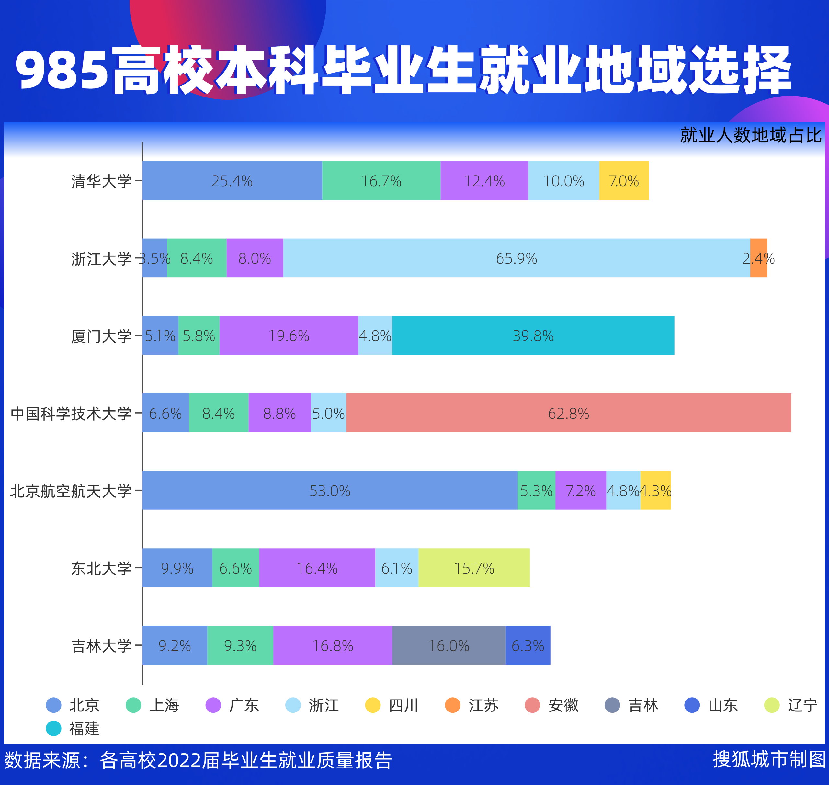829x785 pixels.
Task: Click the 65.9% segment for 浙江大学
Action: (x=517, y=258)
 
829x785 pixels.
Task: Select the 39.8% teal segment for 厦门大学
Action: (x=533, y=335)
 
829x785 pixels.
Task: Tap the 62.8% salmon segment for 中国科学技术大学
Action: (x=568, y=413)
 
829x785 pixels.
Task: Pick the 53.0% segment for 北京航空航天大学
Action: (x=330, y=490)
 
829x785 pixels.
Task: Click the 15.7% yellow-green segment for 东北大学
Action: (x=474, y=567)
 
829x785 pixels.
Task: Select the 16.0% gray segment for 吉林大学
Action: (x=449, y=645)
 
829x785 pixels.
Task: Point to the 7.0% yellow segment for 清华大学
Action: (x=623, y=180)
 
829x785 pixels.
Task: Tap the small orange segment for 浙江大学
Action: (x=758, y=258)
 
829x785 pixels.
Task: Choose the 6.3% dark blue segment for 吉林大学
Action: (x=528, y=645)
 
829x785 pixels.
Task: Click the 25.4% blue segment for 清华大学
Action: (x=232, y=180)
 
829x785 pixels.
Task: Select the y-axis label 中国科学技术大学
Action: (x=71, y=414)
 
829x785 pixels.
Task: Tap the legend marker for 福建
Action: (x=53, y=729)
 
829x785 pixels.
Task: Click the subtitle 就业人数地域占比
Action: (x=751, y=135)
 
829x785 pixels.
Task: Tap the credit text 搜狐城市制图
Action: (x=769, y=759)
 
